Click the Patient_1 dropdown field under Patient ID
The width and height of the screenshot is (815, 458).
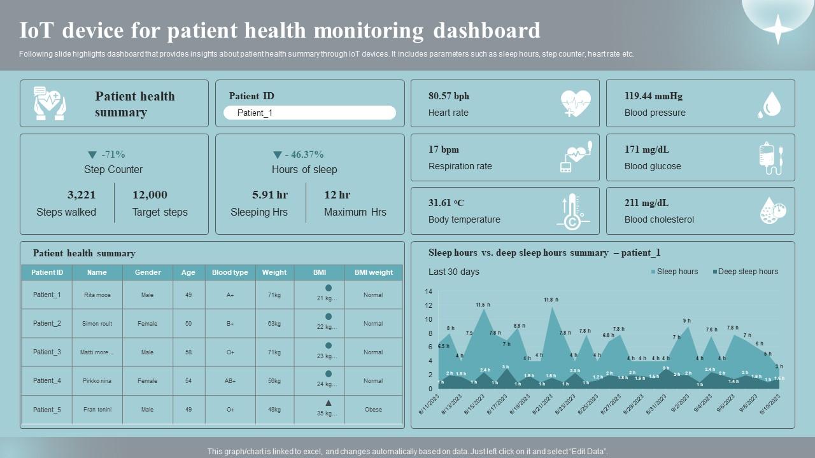[309, 113]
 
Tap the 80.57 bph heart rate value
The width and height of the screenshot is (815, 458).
[449, 96]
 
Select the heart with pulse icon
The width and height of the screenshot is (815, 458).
[576, 104]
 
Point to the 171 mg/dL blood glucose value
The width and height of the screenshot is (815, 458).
[647, 149]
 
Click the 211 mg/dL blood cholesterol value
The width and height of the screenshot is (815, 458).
[647, 203]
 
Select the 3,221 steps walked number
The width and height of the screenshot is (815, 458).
[81, 195]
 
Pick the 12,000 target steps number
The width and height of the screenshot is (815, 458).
[150, 195]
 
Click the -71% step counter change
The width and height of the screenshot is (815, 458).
[106, 155]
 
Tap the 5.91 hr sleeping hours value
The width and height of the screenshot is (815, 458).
[270, 195]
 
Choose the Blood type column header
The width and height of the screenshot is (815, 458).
[230, 272]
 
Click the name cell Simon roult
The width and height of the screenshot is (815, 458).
[97, 324]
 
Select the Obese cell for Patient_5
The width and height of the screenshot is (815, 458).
[373, 410]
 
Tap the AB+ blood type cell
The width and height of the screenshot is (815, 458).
[230, 381]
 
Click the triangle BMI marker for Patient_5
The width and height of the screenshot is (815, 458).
[329, 403]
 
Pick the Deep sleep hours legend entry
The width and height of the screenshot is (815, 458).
[745, 272]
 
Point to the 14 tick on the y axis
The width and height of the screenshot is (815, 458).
[429, 292]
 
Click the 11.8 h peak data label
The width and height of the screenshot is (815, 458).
[551, 300]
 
